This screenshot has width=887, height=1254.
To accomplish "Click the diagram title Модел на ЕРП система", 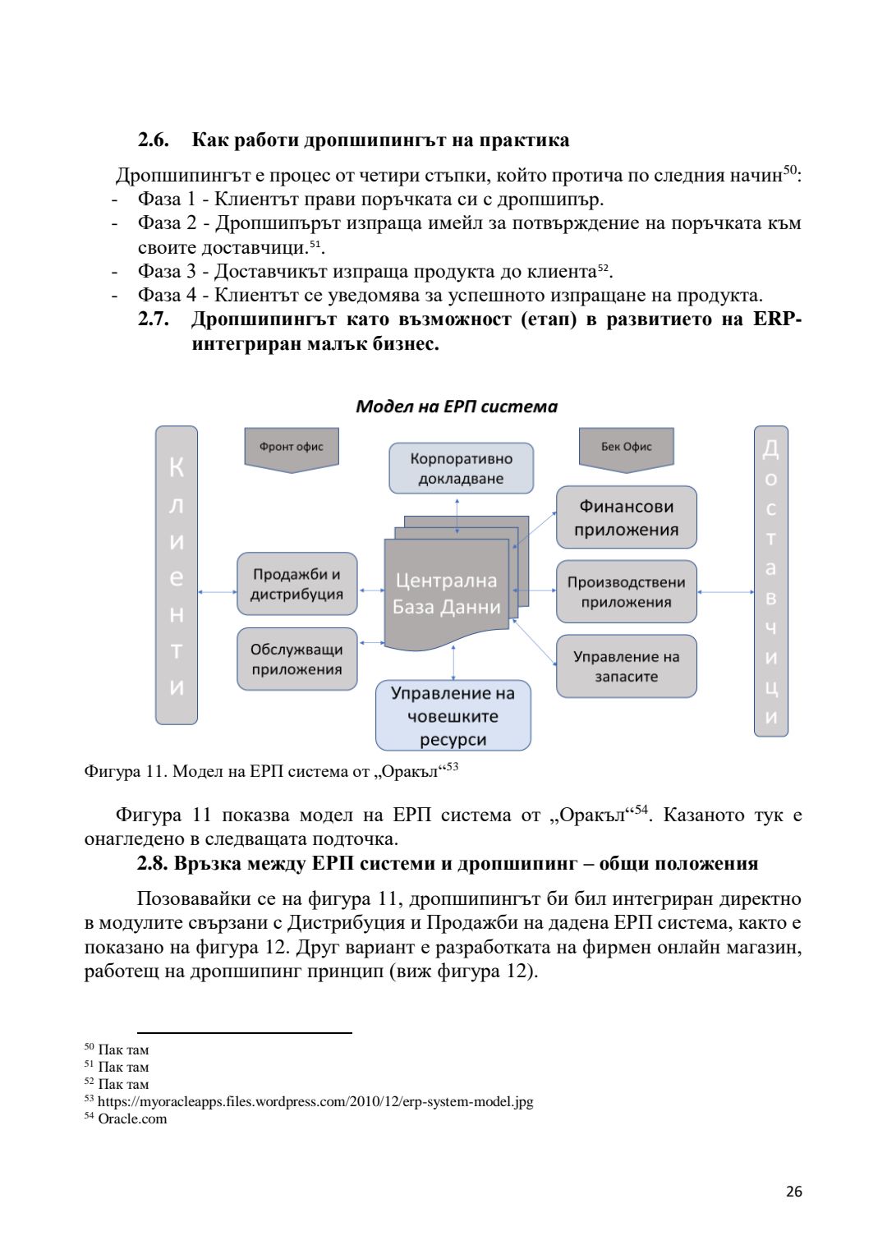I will tap(456, 407).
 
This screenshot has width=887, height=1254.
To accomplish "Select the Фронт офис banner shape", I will tap(292, 448).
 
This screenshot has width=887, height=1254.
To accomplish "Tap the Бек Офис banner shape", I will tap(626, 448).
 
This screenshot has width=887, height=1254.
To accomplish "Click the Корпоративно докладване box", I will tap(461, 469).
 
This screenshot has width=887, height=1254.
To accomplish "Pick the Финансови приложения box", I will tap(626, 517).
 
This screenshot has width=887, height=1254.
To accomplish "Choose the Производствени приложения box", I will tap(626, 591).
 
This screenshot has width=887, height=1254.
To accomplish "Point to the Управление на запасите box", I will tap(626, 666).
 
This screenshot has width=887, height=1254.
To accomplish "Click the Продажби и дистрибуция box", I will tap(296, 584).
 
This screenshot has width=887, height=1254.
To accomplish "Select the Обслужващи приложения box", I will tap(296, 659).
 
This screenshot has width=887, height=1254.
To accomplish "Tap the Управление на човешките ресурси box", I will tap(453, 715).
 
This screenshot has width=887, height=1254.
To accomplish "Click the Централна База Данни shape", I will tap(446, 594).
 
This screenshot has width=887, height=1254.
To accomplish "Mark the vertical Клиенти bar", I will tap(177, 575).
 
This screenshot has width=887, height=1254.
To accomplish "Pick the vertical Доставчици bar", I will tap(770, 581).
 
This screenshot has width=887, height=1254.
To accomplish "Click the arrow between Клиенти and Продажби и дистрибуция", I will tap(218, 591).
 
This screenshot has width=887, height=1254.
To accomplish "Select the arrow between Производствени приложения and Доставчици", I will tap(725, 591).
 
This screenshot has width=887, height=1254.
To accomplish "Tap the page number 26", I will tap(793, 1192).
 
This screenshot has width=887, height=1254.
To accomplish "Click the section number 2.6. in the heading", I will tap(154, 140).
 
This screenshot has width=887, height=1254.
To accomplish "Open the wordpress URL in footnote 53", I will tap(315, 1101).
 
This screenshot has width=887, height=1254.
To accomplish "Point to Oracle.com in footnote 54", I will tap(132, 1118).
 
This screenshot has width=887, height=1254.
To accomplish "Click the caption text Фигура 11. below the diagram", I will tap(126, 771).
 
